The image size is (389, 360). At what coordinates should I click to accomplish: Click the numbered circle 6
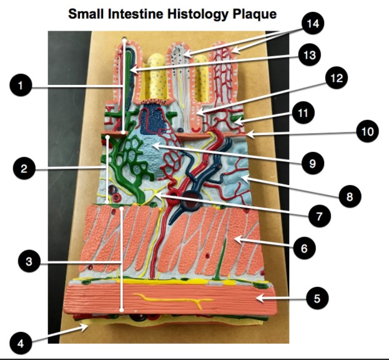tap(303, 248)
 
